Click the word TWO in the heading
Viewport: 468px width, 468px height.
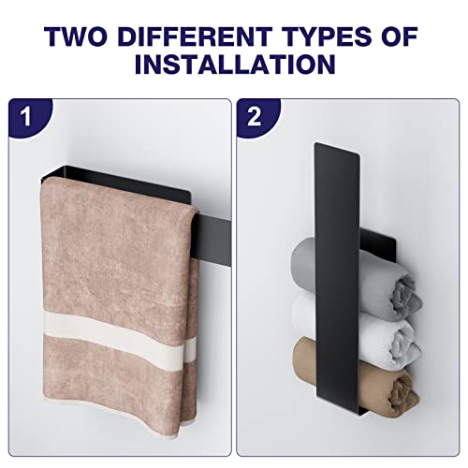pos(77,37)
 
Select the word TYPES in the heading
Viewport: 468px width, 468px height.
pos(328,37)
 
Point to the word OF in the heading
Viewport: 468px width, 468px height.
pos(400,37)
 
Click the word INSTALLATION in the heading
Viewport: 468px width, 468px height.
pos(235,64)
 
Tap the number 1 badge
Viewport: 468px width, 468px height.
pos(29,118)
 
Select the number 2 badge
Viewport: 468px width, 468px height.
pos(256,118)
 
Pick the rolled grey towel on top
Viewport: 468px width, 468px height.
pos(356,279)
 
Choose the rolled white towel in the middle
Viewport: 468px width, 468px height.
pos(356,330)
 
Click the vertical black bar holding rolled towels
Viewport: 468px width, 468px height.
pos(337,278)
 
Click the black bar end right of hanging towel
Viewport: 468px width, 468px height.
pos(212,239)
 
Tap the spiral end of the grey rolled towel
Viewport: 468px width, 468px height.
pos(404,297)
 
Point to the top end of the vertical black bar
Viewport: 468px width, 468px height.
pos(337,148)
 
